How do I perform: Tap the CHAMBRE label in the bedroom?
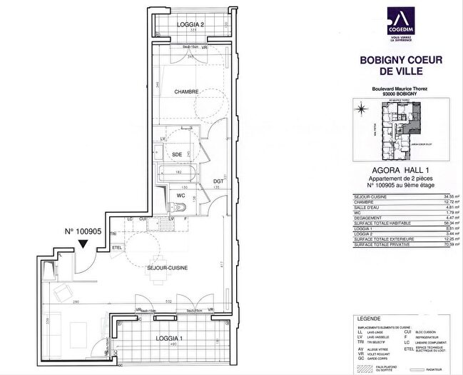coord(188,91)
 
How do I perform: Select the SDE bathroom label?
coord(176,154)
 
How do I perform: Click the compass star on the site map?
coord(362,109)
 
